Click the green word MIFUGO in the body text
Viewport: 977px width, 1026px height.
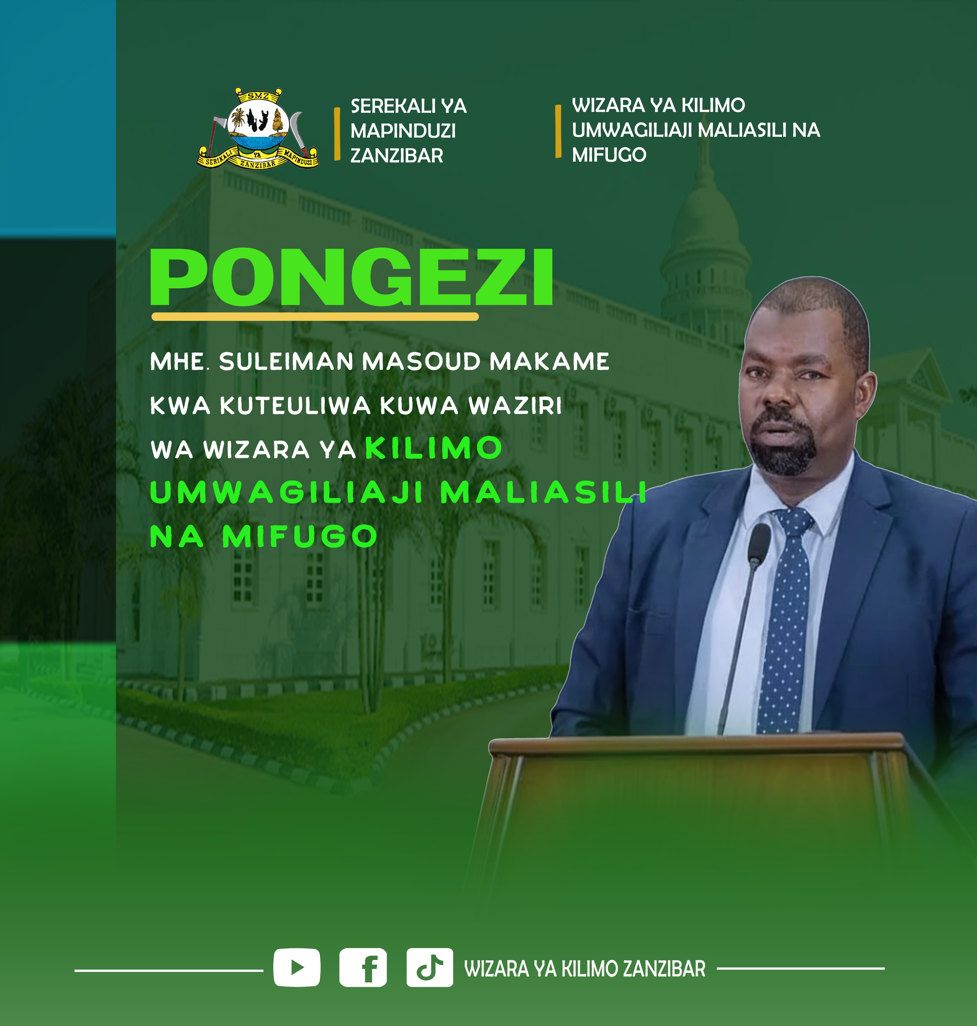(299, 536)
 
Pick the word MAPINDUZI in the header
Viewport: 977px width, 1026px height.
(403, 131)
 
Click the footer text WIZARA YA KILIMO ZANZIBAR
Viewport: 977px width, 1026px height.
(585, 969)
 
